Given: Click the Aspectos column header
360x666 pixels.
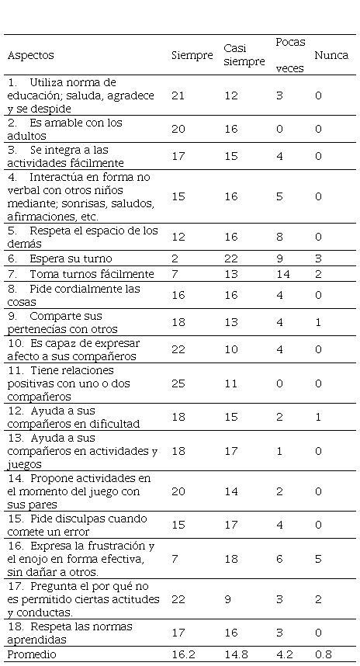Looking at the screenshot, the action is [30, 56].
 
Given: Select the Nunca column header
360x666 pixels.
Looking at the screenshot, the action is [331, 56].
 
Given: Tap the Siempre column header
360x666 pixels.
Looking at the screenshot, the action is [192, 56].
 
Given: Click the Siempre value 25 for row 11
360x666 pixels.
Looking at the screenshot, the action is [178, 383].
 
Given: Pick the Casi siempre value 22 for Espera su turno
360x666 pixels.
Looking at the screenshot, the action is [231, 258].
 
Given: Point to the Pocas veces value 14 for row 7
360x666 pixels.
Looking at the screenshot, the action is [282, 274].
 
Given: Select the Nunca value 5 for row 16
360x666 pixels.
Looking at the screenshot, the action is [318, 559].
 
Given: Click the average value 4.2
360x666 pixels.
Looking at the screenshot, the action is [285, 654].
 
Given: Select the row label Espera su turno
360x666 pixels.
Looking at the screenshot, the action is [71, 258].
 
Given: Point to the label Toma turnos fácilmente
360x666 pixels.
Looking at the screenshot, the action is [92, 274].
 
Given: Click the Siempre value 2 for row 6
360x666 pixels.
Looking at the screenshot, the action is [175, 258].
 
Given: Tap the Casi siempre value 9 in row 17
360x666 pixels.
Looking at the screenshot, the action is [227, 599].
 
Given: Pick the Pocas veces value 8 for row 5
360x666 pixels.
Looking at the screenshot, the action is [280, 237].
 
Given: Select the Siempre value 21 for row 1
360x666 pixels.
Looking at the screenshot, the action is [178, 95].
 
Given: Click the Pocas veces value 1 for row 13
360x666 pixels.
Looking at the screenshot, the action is [280, 451].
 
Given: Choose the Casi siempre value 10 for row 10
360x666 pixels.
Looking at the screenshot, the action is [231, 349].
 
